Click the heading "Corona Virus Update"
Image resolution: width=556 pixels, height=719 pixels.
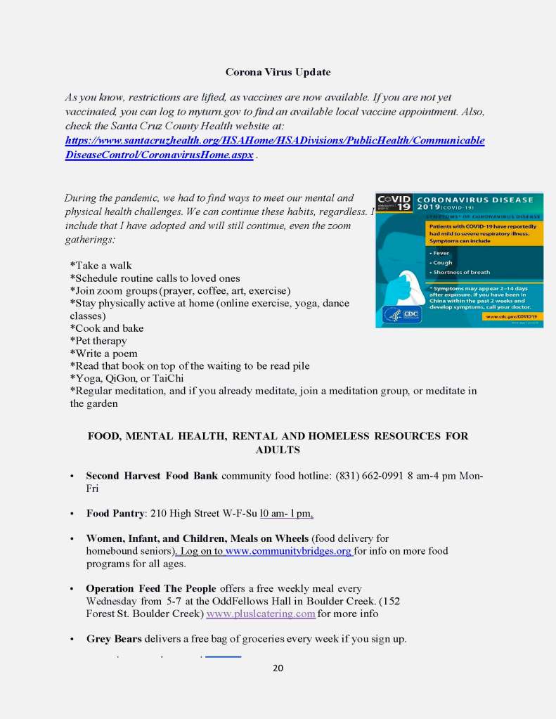point(278,72)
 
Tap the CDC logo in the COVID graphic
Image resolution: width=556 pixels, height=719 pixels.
point(402,314)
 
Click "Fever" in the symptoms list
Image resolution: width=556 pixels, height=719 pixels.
point(442,252)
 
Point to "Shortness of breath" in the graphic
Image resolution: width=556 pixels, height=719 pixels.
point(462,272)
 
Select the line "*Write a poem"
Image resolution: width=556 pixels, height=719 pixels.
point(103,354)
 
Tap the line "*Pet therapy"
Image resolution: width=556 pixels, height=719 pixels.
point(98,341)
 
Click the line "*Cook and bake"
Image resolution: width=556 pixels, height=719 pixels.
point(106,328)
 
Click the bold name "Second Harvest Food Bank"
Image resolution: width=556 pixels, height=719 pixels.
point(152,476)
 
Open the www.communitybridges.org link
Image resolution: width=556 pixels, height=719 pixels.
point(288,551)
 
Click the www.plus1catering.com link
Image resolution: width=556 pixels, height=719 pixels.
point(261,614)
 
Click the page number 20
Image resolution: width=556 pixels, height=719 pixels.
point(278,668)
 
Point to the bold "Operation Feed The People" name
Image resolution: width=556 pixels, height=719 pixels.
point(151,588)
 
